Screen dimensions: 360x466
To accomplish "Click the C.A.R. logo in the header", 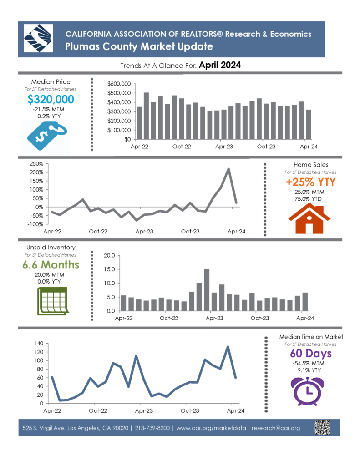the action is click(x=38, y=39).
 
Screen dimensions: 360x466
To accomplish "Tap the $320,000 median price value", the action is click(x=51, y=99).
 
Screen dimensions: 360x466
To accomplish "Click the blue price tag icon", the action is click(x=47, y=137).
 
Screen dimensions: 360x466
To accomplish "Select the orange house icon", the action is click(x=309, y=218).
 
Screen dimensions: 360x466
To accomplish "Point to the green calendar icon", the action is click(x=53, y=301).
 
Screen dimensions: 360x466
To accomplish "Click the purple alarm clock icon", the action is click(x=307, y=391).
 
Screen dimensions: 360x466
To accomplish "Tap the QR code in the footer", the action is click(x=322, y=427).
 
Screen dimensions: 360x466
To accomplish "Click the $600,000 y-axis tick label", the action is click(x=119, y=84).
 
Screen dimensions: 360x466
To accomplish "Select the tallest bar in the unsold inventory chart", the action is click(x=207, y=290).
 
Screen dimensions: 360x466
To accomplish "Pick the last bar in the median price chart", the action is click(x=309, y=124).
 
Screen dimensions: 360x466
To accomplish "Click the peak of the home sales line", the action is click(x=228, y=169).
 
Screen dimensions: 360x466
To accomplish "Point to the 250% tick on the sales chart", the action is click(x=36, y=164).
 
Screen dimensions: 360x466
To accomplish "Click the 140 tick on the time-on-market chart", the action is click(x=39, y=343).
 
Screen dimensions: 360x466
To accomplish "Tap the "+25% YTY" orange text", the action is click(x=311, y=182).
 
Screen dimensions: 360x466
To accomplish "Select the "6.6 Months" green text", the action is click(x=51, y=264).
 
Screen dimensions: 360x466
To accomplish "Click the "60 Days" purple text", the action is click(x=311, y=353).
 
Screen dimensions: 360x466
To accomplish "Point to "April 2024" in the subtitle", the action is click(x=220, y=65).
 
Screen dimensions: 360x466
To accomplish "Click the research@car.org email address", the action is click(x=276, y=428).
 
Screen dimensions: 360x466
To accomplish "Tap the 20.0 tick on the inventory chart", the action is click(x=109, y=256).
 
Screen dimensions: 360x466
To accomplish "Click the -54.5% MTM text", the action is click(x=308, y=363).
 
